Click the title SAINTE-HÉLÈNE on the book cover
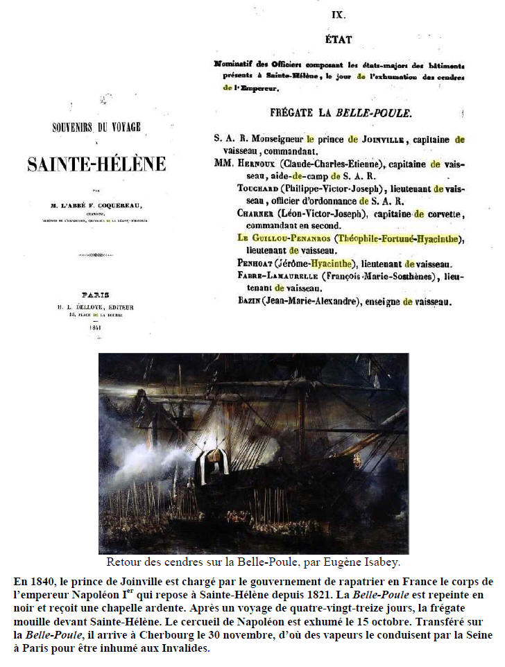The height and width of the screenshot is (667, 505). coord(96,164)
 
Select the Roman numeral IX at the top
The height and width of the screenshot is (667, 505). coord(339,13)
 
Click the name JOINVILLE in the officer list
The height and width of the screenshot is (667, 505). coord(377,139)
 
